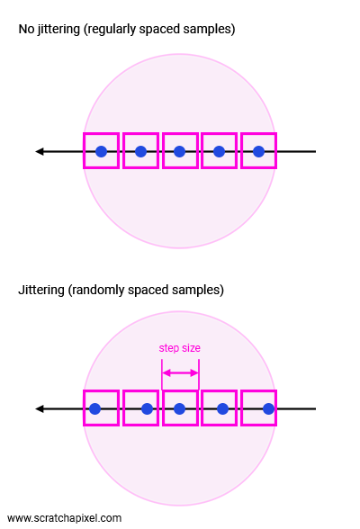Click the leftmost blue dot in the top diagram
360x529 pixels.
click(101, 151)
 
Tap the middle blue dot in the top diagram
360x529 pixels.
click(179, 151)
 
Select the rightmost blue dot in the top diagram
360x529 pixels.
click(259, 151)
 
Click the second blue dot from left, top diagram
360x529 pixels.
click(140, 151)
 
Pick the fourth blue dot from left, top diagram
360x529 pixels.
click(220, 151)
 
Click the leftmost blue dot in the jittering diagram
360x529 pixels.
click(95, 408)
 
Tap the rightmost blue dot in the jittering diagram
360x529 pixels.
click(268, 408)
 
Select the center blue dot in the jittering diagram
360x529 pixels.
click(179, 408)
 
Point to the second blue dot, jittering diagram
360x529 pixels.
click(147, 408)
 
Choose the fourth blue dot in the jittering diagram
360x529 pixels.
click(222, 408)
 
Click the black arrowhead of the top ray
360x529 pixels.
click(40, 151)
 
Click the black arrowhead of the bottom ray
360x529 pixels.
click(40, 408)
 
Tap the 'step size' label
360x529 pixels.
click(179, 348)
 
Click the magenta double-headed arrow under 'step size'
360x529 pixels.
click(181, 372)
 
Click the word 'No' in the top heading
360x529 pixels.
click(26, 29)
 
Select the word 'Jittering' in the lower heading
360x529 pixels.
click(41, 290)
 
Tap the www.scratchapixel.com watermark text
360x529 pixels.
click(64, 518)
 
